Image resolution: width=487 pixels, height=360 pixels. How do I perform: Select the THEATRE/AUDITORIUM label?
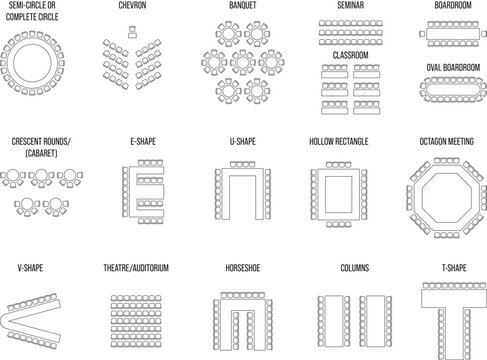point(134,269)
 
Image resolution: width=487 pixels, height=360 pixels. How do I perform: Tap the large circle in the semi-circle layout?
point(31,64)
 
